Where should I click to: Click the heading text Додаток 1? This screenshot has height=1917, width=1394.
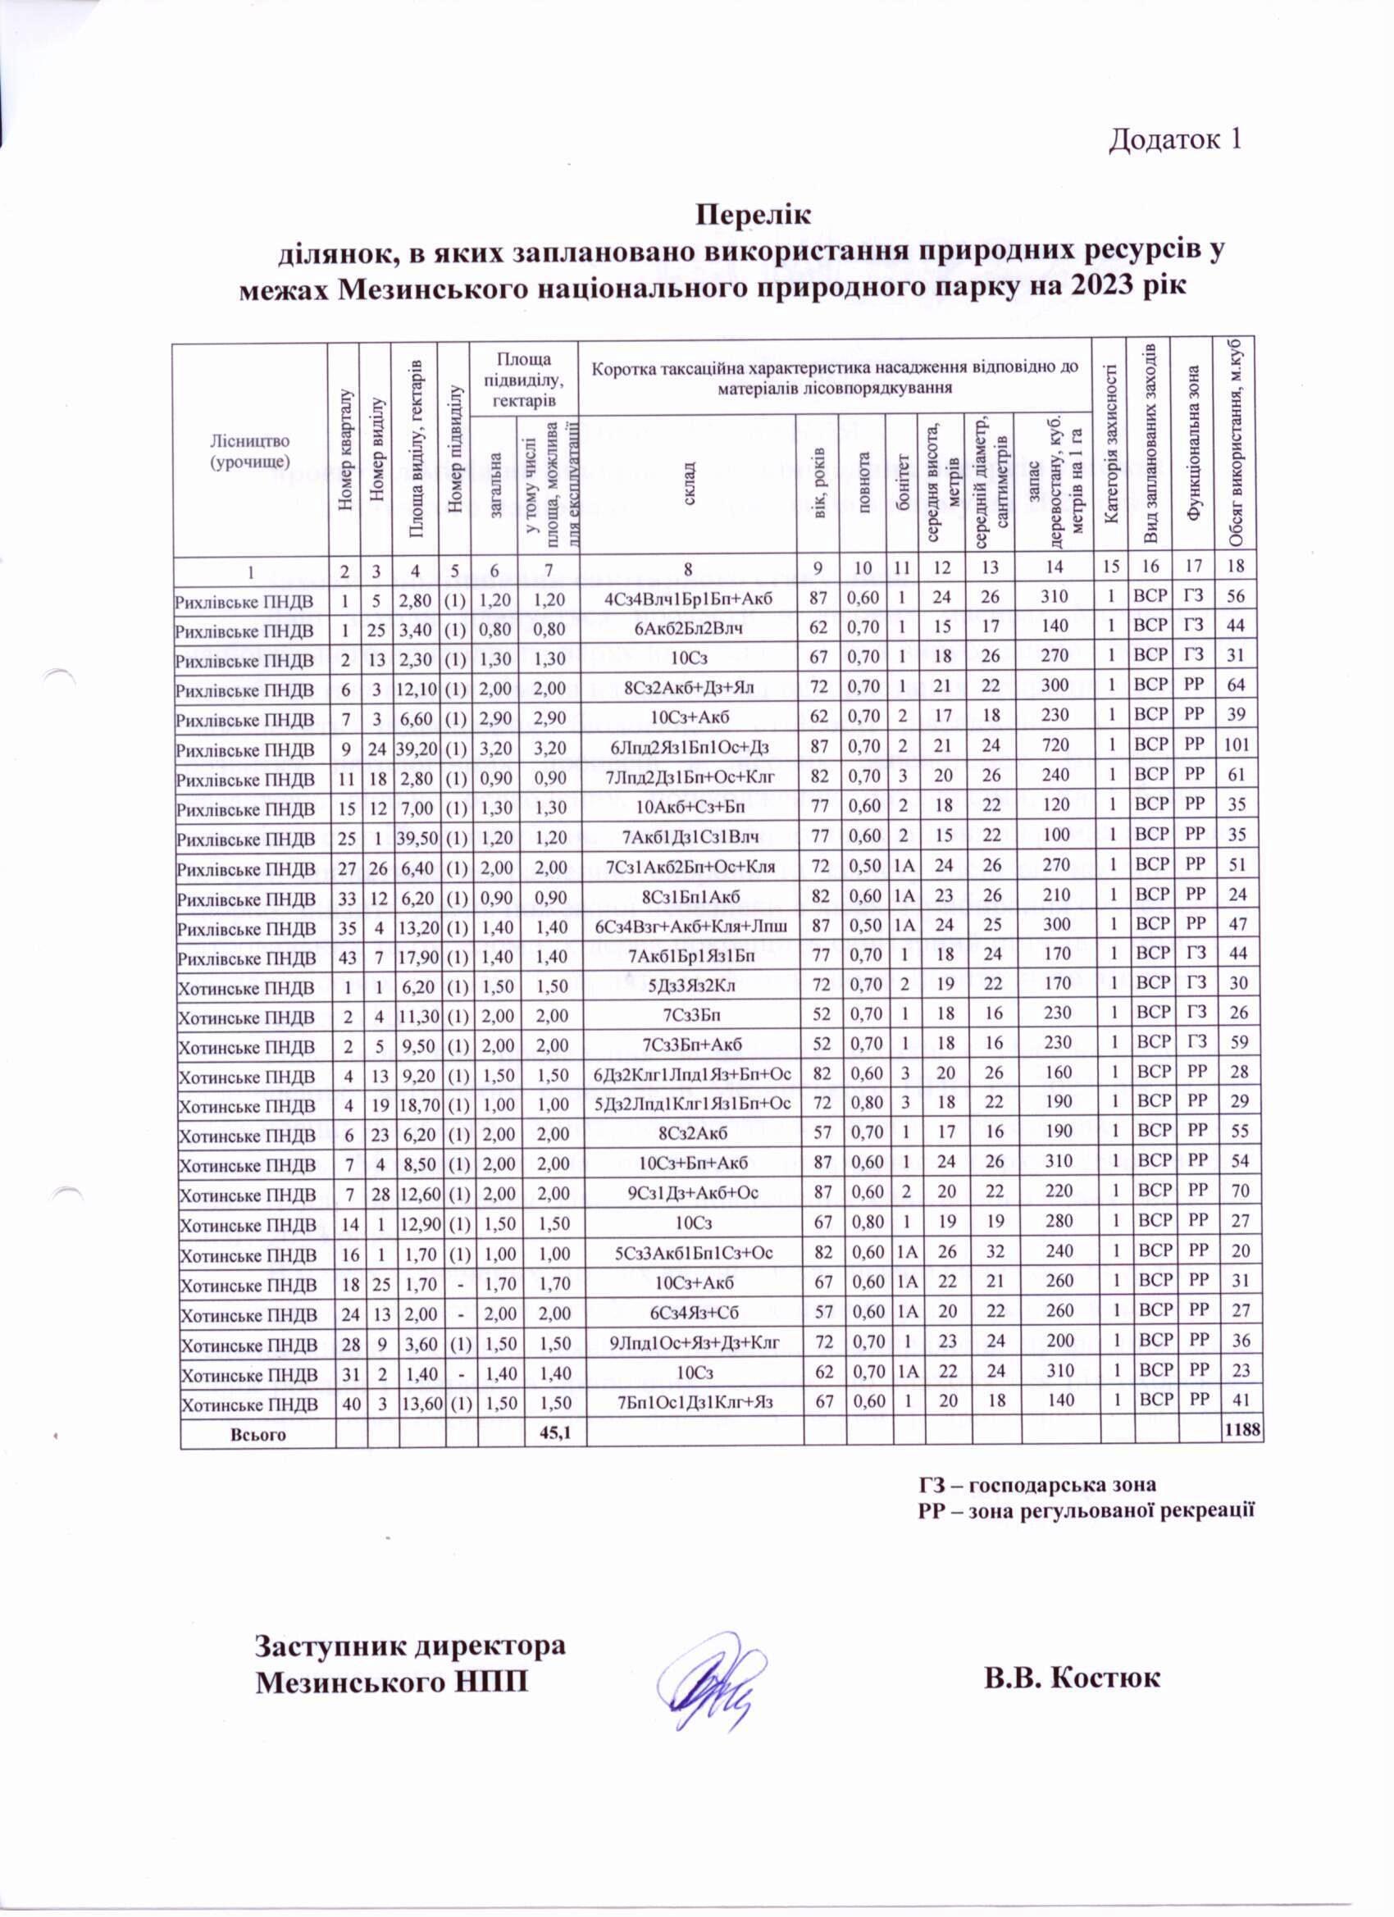click(1174, 139)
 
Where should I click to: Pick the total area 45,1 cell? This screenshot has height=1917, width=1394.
click(553, 1432)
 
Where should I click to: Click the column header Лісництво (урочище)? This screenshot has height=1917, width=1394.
click(250, 450)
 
